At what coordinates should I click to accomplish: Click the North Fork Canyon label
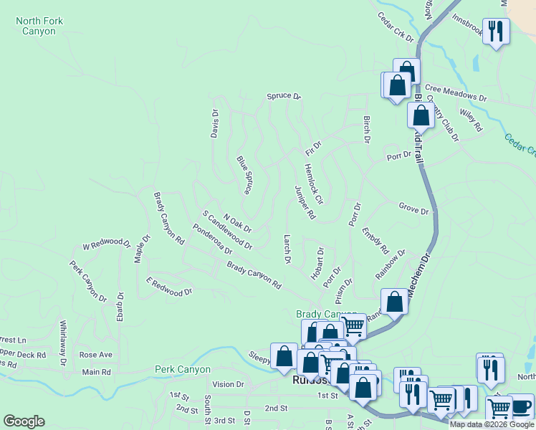(39, 27)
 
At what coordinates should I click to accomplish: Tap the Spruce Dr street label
(284, 96)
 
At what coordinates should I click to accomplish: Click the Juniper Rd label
(305, 201)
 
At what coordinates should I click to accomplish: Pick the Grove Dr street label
(413, 210)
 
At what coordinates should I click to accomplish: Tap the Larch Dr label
(287, 249)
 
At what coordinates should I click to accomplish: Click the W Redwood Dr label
(106, 244)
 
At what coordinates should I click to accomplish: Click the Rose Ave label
(96, 355)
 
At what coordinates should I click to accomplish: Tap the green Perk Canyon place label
(183, 370)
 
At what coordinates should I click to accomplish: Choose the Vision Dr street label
(228, 384)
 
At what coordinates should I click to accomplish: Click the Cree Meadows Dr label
(457, 97)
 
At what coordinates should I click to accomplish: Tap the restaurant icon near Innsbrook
(496, 30)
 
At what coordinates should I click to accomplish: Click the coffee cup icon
(521, 406)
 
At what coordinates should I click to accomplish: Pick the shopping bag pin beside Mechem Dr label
(394, 302)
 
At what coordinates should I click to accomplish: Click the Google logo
(24, 421)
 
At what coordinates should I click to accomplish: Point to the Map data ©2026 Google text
(492, 424)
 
